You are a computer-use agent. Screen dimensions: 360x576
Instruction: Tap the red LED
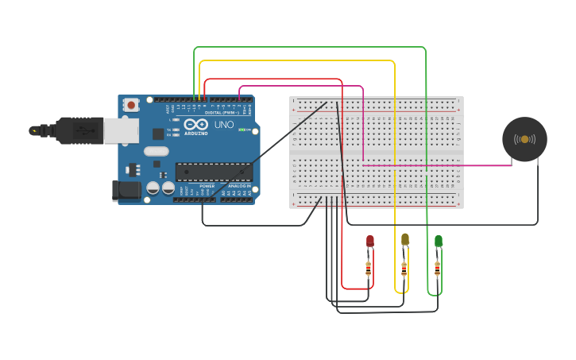pos(369,240)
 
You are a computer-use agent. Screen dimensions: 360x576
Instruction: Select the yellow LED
pos(404,238)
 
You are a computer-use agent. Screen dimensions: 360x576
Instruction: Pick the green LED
pos(438,240)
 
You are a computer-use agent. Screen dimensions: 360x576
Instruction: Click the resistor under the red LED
pos(369,268)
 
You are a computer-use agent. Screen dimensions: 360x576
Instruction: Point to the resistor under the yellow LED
pos(404,268)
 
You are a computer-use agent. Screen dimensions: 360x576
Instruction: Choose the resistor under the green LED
pos(437,268)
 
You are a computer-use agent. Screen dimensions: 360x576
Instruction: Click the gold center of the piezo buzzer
pos(524,139)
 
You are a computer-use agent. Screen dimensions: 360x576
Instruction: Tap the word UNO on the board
pos(223,125)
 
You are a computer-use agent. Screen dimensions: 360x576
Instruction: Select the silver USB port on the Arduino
pos(121,131)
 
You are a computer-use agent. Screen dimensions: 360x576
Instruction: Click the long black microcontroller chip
pos(214,172)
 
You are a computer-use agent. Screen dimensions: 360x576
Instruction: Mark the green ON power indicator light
pos(242,130)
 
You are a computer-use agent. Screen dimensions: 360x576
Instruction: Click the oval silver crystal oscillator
pos(157,151)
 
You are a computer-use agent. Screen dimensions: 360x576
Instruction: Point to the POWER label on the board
pos(207,186)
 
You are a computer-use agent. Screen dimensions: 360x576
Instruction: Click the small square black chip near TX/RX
pos(158,134)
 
